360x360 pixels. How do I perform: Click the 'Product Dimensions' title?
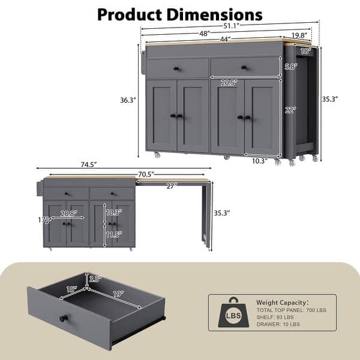[x=179, y=14]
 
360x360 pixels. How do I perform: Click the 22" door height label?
[x=291, y=110]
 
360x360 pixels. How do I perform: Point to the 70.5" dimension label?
[x=146, y=175]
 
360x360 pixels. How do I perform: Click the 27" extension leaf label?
[x=172, y=186]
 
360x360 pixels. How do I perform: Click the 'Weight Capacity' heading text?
[x=283, y=303]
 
